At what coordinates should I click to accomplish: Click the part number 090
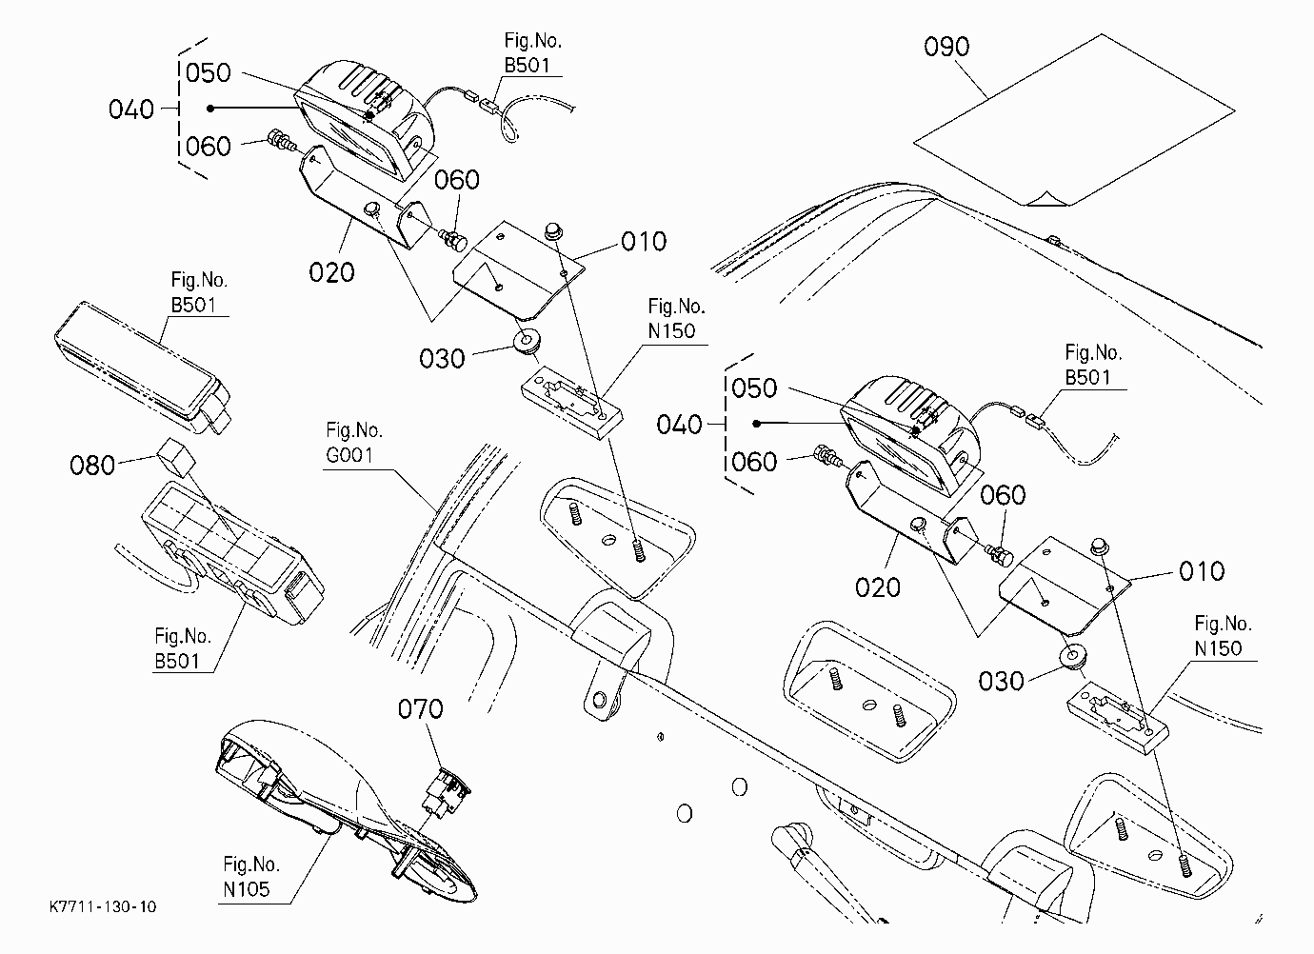(x=946, y=47)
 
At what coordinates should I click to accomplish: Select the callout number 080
(x=92, y=466)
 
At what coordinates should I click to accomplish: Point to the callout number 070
(x=421, y=709)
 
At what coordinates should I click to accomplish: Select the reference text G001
(x=349, y=455)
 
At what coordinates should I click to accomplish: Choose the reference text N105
(x=247, y=889)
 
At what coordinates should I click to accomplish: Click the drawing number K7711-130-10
(x=103, y=907)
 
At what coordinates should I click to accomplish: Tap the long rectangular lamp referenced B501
(x=143, y=368)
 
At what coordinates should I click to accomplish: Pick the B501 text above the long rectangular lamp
(x=193, y=305)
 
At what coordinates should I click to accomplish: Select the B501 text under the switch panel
(x=177, y=661)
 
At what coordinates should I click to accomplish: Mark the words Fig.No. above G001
(x=353, y=430)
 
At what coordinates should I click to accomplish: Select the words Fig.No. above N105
(x=251, y=865)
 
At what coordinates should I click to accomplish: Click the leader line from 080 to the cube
(x=137, y=460)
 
